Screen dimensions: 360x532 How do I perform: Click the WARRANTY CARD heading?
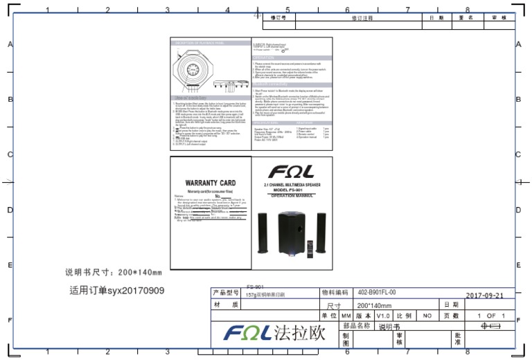(x=211, y=183)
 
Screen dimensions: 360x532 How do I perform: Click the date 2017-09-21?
(x=484, y=295)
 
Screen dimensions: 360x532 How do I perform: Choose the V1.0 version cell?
(x=384, y=315)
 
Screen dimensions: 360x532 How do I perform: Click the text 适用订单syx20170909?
(x=116, y=290)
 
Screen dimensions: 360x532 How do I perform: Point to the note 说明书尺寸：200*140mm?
(x=113, y=272)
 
